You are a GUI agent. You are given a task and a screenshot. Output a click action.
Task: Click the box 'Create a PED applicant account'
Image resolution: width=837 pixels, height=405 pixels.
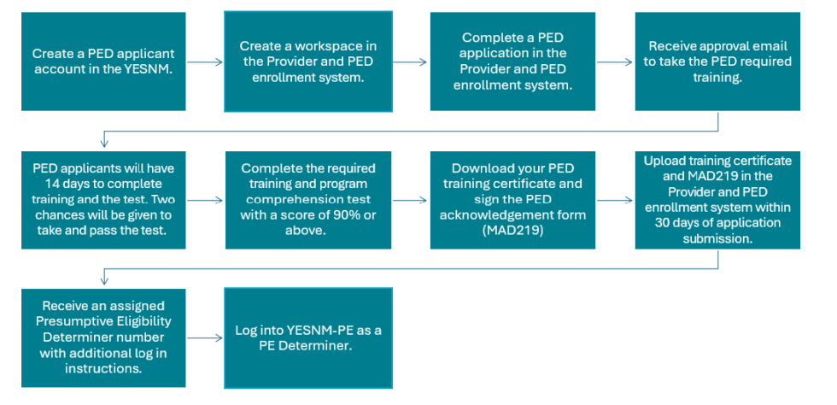103,62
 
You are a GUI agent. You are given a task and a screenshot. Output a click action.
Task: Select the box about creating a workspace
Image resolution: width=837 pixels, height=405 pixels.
307,62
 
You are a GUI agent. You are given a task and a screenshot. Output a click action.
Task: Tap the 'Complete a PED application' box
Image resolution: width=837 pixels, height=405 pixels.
512,62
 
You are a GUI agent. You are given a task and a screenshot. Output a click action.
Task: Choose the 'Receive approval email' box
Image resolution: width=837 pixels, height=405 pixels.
717,62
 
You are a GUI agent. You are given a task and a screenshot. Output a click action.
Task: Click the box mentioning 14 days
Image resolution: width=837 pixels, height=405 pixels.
103,200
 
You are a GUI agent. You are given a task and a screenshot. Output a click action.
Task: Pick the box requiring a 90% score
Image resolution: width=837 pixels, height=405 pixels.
307,200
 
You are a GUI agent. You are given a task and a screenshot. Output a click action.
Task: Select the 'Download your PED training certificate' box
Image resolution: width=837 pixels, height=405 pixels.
512,200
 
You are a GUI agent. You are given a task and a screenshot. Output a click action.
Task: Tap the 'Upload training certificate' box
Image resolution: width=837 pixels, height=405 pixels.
717,200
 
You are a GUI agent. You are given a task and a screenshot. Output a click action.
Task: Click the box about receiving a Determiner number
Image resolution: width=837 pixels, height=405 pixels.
103,337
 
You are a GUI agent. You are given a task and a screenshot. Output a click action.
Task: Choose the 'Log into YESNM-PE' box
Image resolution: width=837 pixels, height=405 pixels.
307,337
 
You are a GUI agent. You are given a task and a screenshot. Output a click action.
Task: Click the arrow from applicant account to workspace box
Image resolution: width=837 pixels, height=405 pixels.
205,62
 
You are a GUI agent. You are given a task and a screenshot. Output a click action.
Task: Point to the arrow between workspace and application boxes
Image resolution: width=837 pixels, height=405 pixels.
410,62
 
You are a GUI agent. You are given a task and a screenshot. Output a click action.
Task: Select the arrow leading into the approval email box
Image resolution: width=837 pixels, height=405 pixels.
615,62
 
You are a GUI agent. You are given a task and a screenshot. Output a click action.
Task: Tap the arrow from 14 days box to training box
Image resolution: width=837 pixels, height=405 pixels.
205,200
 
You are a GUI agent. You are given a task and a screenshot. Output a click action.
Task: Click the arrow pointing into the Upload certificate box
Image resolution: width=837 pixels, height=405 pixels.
615,200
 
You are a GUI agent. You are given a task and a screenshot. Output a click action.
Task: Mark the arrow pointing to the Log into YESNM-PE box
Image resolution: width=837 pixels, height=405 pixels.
205,337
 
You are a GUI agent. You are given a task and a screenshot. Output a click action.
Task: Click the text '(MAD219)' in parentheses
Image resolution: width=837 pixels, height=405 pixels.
512,231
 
